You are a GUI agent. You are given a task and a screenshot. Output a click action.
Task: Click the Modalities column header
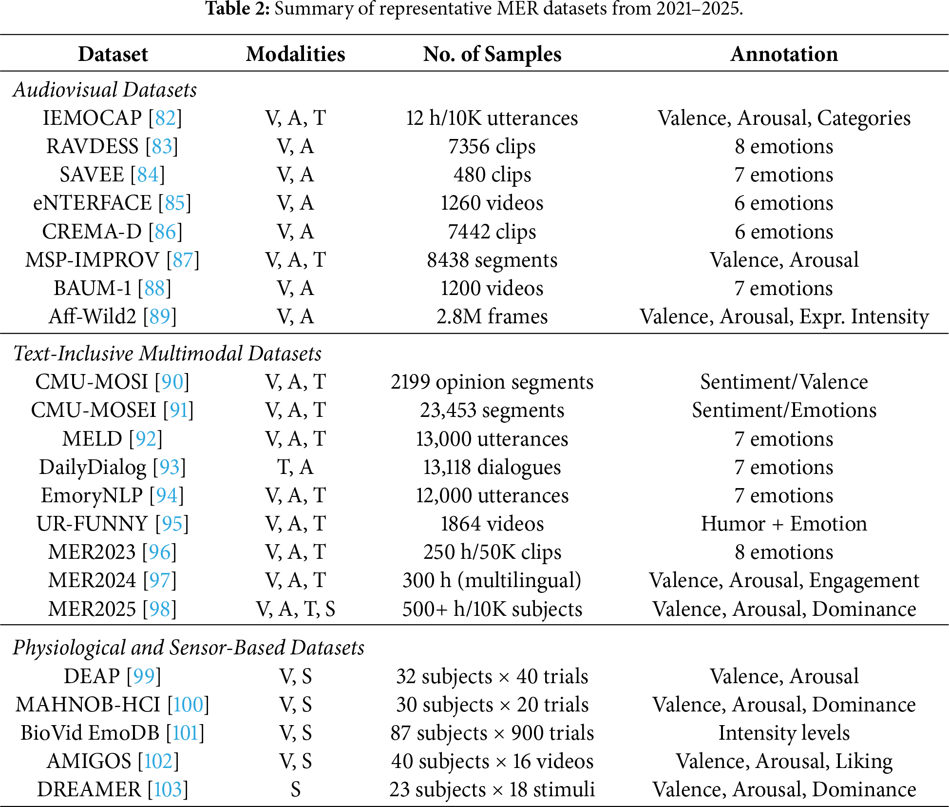(295, 54)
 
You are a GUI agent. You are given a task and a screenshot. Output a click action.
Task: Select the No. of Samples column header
(492, 54)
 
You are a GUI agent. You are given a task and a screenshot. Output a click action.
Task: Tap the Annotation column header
(784, 54)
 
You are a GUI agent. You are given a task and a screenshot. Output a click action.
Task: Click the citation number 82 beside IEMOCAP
(165, 118)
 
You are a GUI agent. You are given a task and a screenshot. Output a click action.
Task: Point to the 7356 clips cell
(492, 146)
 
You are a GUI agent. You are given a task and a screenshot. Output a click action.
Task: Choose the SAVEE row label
(92, 175)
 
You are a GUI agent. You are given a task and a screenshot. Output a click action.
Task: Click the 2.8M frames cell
(492, 316)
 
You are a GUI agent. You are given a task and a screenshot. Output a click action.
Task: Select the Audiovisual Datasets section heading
(105, 90)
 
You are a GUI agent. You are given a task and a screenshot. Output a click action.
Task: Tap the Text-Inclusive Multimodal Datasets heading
(167, 354)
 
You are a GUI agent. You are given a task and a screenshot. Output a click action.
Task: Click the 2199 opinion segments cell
(492, 382)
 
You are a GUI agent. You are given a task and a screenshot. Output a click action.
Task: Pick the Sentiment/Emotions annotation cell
(784, 410)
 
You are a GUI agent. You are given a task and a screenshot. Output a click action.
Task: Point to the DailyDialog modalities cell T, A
(295, 467)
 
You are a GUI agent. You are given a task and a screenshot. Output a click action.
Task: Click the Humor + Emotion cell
(784, 524)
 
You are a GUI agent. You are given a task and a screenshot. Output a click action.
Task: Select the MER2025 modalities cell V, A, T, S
(295, 609)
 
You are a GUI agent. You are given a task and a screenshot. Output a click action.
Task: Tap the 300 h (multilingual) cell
(492, 580)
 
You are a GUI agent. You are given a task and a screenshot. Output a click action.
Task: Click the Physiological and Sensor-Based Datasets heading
(189, 648)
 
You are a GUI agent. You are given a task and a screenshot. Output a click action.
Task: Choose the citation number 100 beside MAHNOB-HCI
(188, 705)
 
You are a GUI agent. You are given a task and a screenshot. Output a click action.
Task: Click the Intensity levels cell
(784, 733)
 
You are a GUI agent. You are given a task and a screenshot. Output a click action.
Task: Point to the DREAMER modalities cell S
(295, 789)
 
